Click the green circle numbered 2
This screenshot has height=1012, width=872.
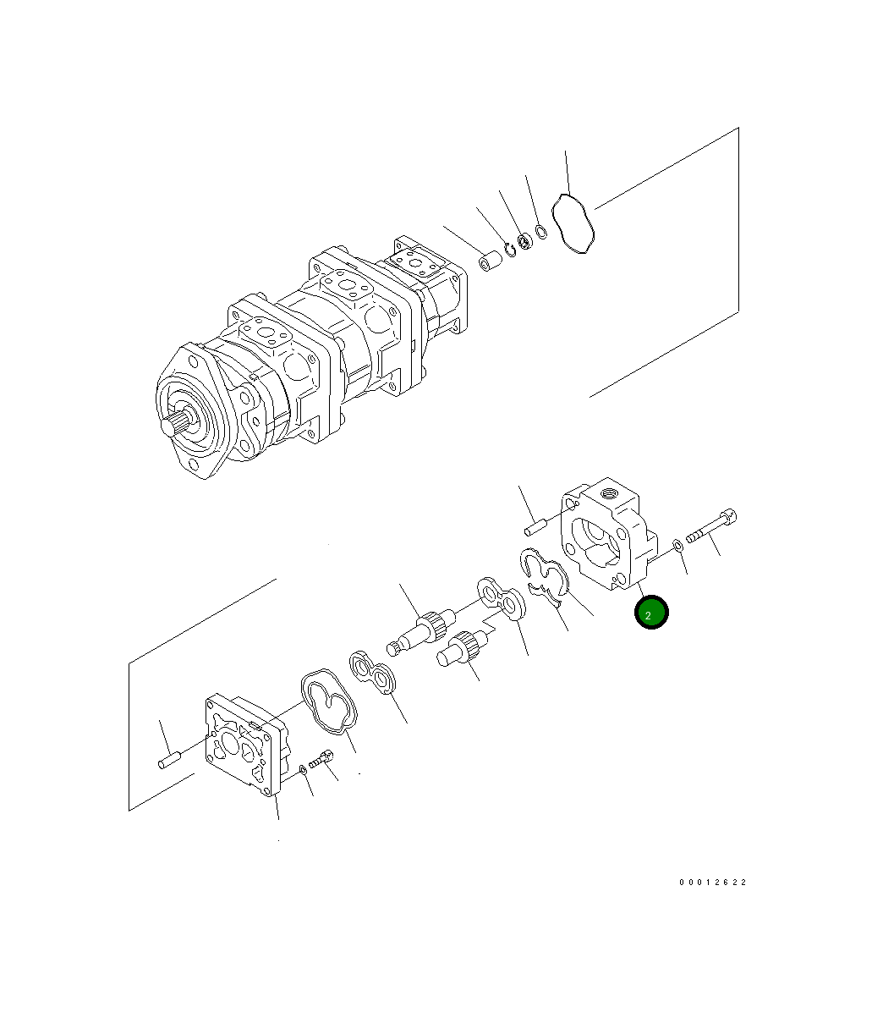(x=650, y=613)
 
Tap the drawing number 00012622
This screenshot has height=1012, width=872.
(x=712, y=883)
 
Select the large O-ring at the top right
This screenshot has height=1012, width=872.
(x=572, y=223)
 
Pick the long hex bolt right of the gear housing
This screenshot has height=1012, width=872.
(x=711, y=526)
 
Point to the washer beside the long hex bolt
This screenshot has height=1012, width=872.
(x=678, y=546)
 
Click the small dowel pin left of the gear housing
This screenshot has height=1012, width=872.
(x=535, y=526)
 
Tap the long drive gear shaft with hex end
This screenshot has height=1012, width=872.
(x=421, y=631)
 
